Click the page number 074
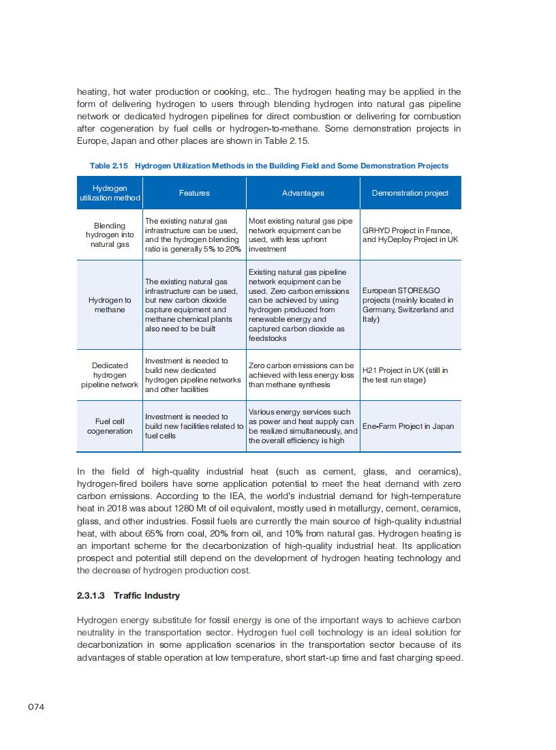click(x=36, y=707)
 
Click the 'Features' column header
click(x=194, y=193)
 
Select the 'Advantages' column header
click(x=303, y=193)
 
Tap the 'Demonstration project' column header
click(x=410, y=193)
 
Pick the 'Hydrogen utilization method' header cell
click(x=110, y=193)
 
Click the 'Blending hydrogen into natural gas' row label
click(x=110, y=235)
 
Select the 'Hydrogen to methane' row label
click(x=110, y=305)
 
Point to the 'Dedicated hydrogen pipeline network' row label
click(x=110, y=375)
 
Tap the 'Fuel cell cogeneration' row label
click(x=110, y=426)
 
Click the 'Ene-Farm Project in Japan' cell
click(x=408, y=426)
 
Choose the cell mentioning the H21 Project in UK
click(x=405, y=375)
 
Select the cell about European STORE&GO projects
click(x=408, y=305)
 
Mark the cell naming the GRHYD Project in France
click(x=410, y=235)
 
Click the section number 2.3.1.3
click(x=91, y=595)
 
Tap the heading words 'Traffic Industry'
click(x=146, y=595)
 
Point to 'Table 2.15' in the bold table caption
click(x=109, y=166)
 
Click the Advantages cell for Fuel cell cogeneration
click(x=303, y=426)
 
